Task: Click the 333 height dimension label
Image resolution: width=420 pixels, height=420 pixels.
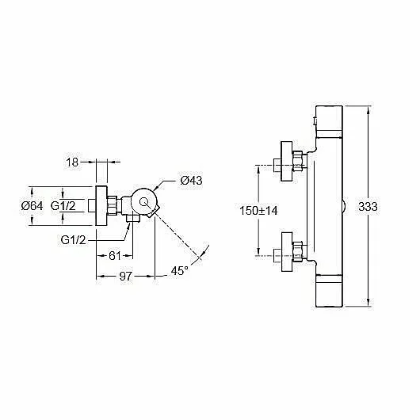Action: pyautogui.click(x=368, y=207)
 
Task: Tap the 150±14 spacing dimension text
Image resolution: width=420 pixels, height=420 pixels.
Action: pyautogui.click(x=258, y=211)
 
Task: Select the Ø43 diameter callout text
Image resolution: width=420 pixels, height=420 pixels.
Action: pyautogui.click(x=191, y=181)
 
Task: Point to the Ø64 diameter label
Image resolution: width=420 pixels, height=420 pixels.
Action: pyautogui.click(x=32, y=206)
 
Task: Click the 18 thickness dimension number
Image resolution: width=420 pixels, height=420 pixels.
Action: pyautogui.click(x=72, y=162)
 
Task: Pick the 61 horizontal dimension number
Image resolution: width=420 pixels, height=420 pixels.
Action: pyautogui.click(x=115, y=256)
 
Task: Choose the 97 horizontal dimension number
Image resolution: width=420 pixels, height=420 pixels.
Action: pyautogui.click(x=126, y=276)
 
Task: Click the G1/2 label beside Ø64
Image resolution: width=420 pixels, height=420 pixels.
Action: pyautogui.click(x=63, y=206)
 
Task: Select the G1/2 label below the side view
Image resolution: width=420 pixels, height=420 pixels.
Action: pyautogui.click(x=73, y=240)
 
